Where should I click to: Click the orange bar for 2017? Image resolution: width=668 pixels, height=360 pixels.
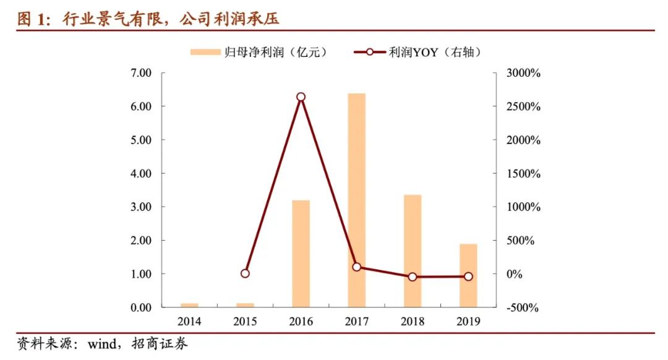pyautogui.click(x=357, y=200)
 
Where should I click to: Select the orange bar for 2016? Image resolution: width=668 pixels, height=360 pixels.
pyautogui.click(x=301, y=254)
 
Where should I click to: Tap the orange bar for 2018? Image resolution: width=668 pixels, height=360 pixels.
pyautogui.click(x=413, y=251)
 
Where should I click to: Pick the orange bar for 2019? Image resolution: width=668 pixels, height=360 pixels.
pyautogui.click(x=468, y=275)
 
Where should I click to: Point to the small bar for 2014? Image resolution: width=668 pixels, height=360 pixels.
pyautogui.click(x=189, y=304)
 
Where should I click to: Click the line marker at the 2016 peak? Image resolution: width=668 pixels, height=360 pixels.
pyautogui.click(x=301, y=97)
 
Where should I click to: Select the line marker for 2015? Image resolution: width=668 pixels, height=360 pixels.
pyautogui.click(x=245, y=273)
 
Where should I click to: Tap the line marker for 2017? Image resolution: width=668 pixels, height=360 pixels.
pyautogui.click(x=357, y=267)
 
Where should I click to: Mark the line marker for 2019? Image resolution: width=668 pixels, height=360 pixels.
pyautogui.click(x=468, y=276)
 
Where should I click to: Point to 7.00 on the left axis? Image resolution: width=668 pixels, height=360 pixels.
pyautogui.click(x=142, y=73)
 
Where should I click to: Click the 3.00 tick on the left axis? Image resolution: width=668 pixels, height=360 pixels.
pyautogui.click(x=142, y=207)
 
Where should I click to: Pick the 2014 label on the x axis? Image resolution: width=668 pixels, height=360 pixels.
pyautogui.click(x=189, y=322)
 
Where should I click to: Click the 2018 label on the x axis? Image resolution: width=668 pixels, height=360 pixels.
pyautogui.click(x=413, y=322)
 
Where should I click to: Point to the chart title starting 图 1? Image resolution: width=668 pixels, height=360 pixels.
pyautogui.click(x=148, y=19)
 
